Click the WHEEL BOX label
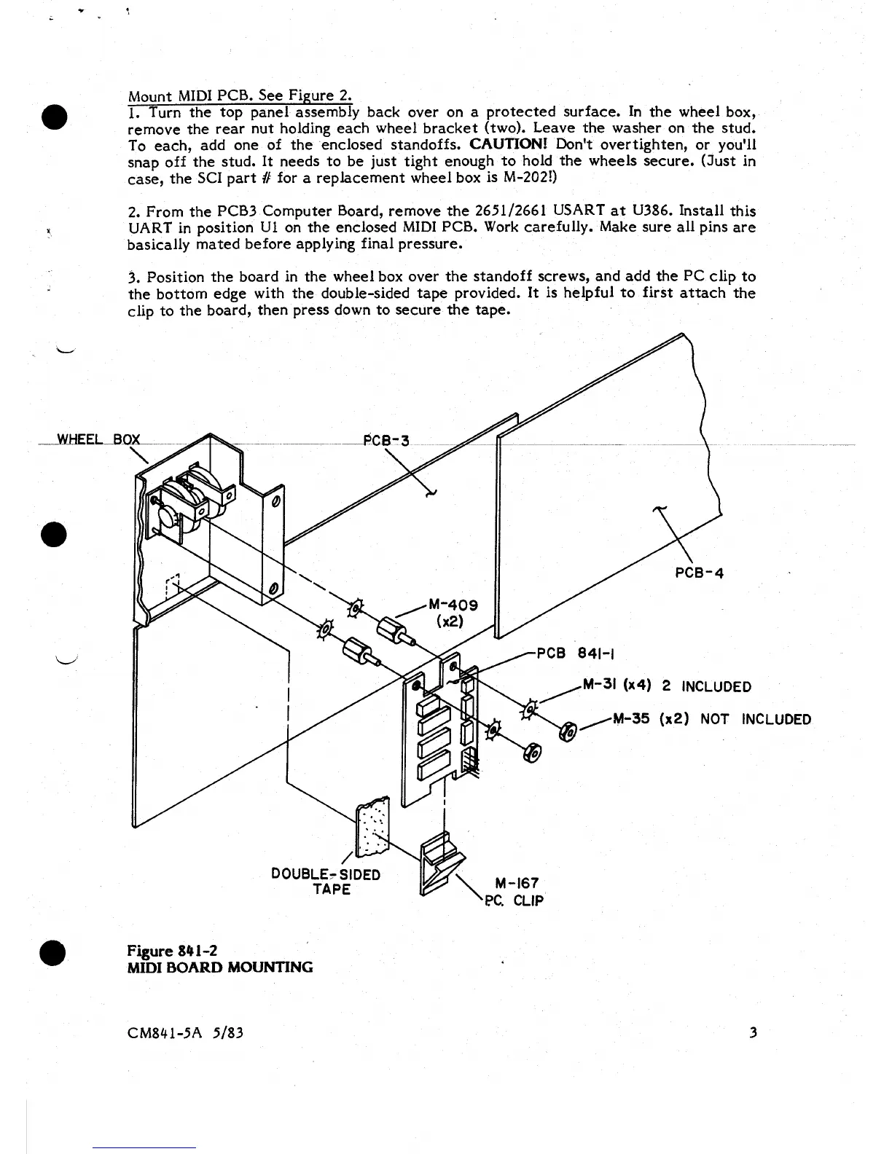(98, 439)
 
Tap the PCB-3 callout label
(386, 440)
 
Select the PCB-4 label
(699, 572)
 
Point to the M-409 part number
(453, 605)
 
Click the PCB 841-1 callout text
(572, 653)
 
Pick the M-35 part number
(632, 719)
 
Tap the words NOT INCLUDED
(755, 719)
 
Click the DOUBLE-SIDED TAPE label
(325, 881)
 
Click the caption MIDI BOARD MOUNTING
(220, 967)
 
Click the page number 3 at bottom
(753, 1032)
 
